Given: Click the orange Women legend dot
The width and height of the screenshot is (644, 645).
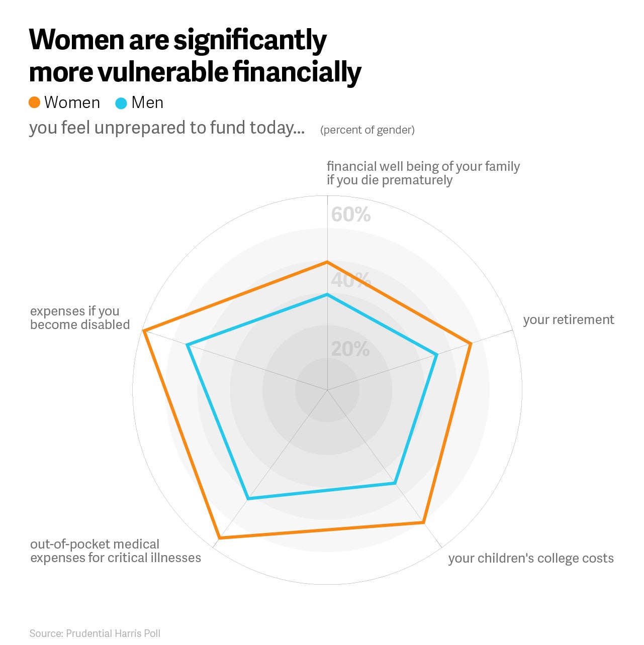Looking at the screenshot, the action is click(x=35, y=102).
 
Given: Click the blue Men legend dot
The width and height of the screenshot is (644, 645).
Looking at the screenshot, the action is click(x=121, y=103).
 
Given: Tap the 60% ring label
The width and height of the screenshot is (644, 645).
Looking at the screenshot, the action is click(x=350, y=214).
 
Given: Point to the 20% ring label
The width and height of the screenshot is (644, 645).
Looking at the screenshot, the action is click(x=350, y=349).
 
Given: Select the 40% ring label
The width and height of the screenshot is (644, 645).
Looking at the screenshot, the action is click(x=351, y=280).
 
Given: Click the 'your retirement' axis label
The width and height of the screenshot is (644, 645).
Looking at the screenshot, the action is click(x=568, y=320).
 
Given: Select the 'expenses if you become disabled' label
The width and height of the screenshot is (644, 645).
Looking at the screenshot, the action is click(x=80, y=318).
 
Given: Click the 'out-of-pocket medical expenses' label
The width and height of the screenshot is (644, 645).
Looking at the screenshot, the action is click(x=116, y=551).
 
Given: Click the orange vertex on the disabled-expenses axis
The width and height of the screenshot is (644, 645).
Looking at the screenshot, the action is click(x=143, y=331).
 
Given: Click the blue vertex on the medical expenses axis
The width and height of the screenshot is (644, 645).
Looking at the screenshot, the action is click(x=248, y=499).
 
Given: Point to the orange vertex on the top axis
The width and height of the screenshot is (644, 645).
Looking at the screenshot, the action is click(x=327, y=262).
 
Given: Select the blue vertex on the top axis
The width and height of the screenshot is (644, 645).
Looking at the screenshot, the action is click(x=327, y=294).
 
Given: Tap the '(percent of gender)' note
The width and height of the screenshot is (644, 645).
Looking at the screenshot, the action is click(x=367, y=130).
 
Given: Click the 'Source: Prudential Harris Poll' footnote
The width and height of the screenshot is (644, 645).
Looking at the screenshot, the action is click(x=95, y=633).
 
